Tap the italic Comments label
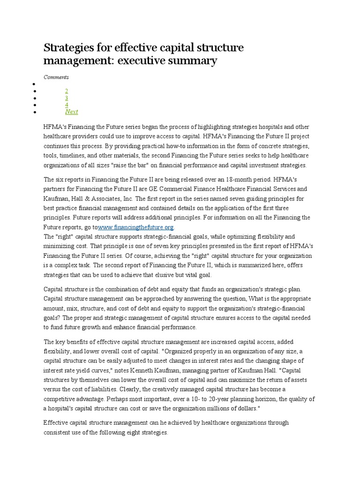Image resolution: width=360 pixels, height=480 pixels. point(56,77)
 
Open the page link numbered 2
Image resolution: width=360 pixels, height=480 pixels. point(67,90)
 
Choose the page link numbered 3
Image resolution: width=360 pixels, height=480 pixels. point(67,97)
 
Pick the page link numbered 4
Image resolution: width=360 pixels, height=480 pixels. point(67,105)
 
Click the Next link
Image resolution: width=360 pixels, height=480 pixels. point(71,112)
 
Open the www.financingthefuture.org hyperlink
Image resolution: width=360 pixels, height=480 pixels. point(136,227)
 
